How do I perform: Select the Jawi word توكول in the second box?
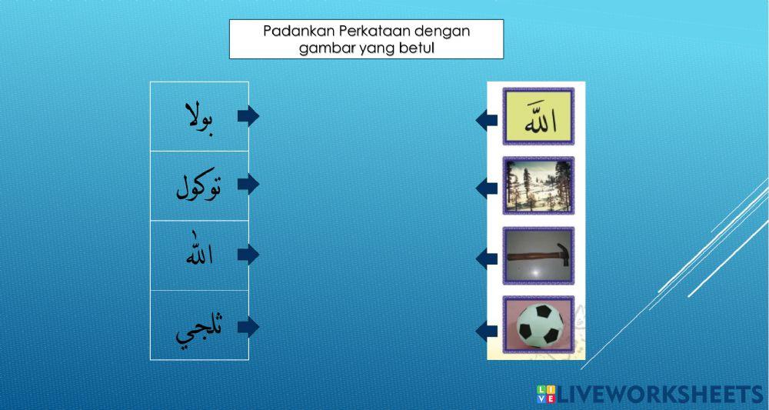198,185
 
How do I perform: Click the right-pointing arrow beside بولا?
248,116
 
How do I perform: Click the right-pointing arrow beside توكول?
248,185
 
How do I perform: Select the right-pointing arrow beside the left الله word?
248,255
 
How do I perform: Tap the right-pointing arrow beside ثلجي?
248,327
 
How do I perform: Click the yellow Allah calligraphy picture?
538,117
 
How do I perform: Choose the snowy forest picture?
538,185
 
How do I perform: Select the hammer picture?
538,254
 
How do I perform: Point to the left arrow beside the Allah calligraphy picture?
486,120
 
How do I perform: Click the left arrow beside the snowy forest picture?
486,188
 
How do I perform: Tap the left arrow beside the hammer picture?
486,258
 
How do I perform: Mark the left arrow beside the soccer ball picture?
486,332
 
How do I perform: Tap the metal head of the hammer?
561,252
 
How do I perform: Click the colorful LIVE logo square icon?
546,395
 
